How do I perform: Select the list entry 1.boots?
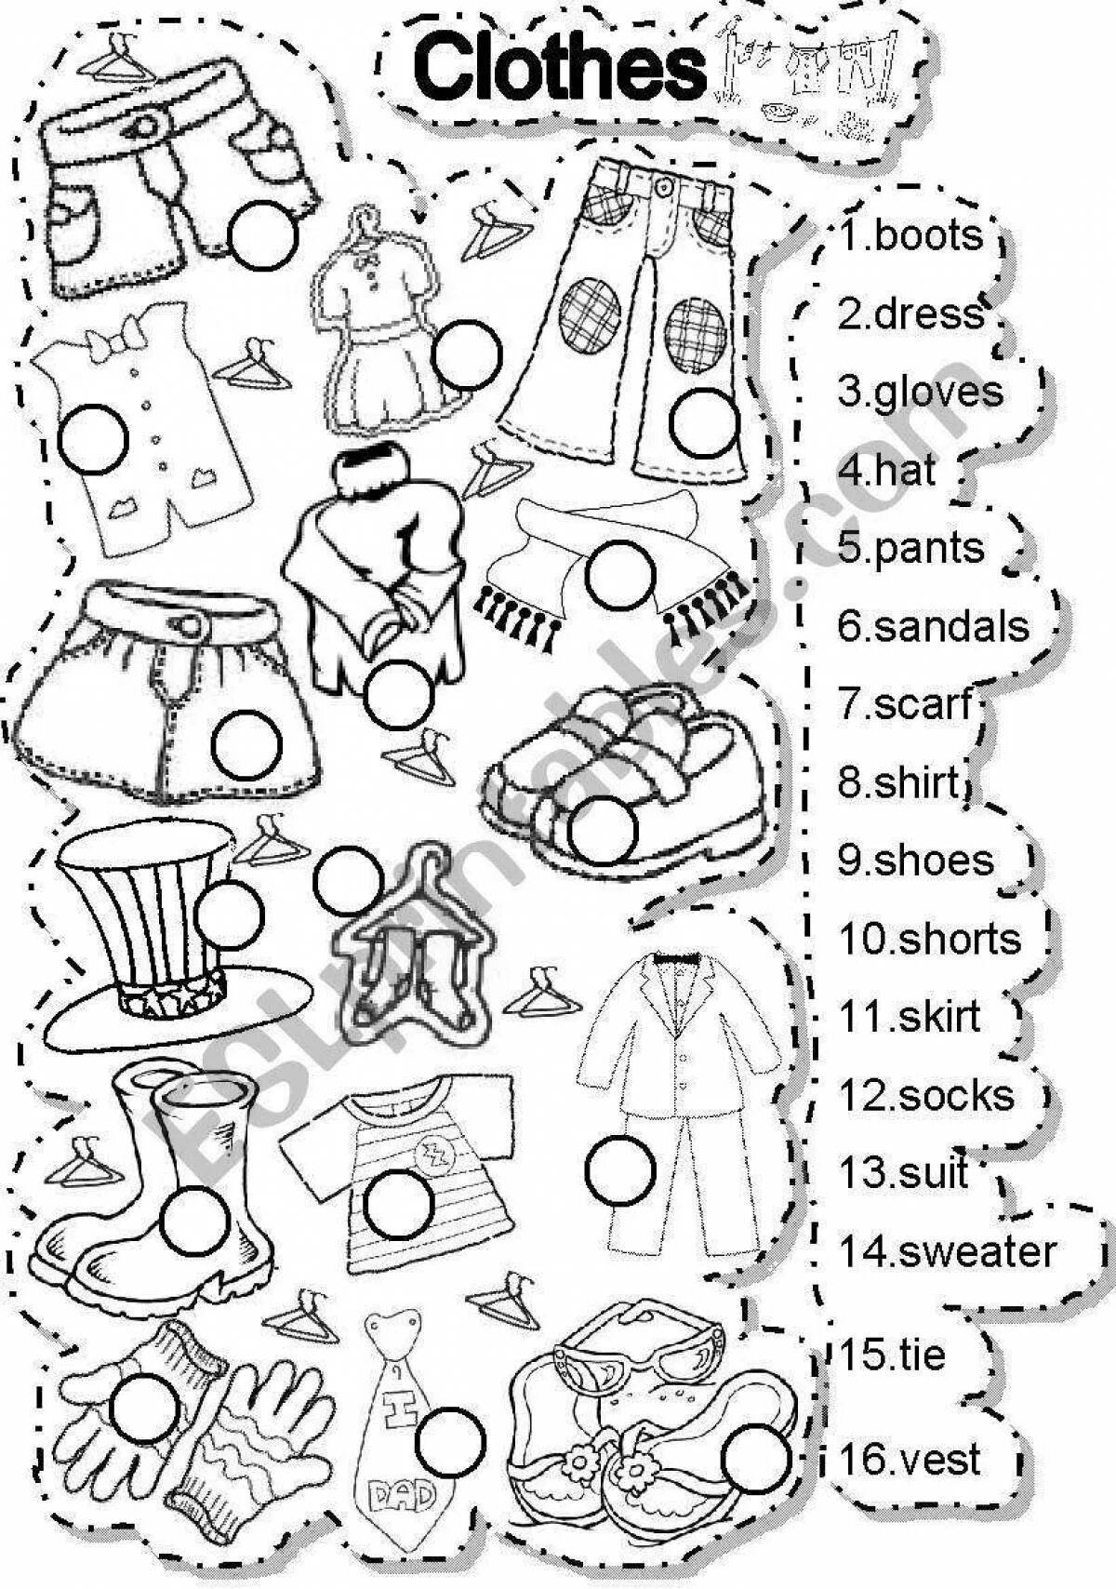pyautogui.click(x=911, y=235)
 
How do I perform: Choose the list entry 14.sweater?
pyautogui.click(x=948, y=1251)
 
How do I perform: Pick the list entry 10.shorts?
pyautogui.click(x=929, y=940)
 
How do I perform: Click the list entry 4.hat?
pyautogui.click(x=886, y=470)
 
